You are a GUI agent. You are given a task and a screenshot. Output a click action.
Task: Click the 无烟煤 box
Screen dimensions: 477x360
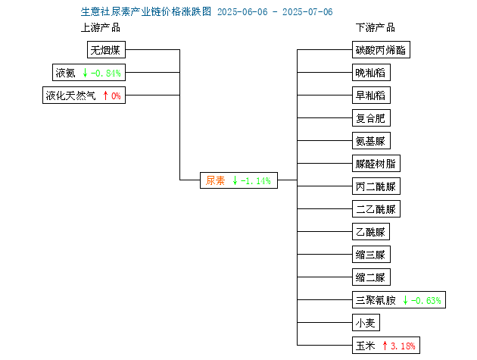click(106, 50)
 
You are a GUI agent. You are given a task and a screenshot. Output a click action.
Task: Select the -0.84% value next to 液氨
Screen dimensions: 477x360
click(105, 73)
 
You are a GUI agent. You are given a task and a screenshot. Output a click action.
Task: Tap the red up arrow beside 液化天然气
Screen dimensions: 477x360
click(105, 95)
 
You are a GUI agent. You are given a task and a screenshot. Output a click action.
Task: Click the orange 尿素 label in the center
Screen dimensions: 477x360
click(215, 180)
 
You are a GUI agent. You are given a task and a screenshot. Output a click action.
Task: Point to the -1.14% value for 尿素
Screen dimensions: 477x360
click(256, 181)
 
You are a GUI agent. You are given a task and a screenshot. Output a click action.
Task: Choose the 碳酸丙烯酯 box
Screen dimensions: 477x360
click(381, 50)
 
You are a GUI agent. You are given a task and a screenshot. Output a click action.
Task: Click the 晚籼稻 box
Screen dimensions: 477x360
click(371, 73)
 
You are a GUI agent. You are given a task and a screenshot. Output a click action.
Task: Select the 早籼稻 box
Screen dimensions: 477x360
click(371, 95)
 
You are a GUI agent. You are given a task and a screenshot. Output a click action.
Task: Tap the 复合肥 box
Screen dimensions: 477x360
click(371, 118)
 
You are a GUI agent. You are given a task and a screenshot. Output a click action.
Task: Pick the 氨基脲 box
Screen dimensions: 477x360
click(371, 141)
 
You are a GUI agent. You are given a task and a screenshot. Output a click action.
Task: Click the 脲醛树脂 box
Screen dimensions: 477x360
click(376, 164)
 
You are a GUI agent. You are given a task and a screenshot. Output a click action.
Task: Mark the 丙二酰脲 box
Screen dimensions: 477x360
click(376, 186)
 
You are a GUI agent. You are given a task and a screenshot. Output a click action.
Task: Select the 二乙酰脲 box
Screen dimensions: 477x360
click(376, 209)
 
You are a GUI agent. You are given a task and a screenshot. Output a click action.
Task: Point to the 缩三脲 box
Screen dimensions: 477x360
click(371, 255)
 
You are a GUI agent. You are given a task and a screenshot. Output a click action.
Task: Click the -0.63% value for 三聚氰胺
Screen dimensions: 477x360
click(426, 301)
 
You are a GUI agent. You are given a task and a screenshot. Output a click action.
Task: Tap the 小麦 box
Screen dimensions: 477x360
click(366, 323)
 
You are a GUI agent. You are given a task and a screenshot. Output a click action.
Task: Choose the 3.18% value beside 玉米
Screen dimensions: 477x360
click(403, 346)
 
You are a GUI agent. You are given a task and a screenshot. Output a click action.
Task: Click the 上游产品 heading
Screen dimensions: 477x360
click(101, 28)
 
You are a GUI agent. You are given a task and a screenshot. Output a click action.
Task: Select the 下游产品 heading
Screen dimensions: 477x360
click(376, 28)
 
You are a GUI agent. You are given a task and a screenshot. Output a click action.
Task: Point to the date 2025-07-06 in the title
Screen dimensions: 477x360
click(307, 12)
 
